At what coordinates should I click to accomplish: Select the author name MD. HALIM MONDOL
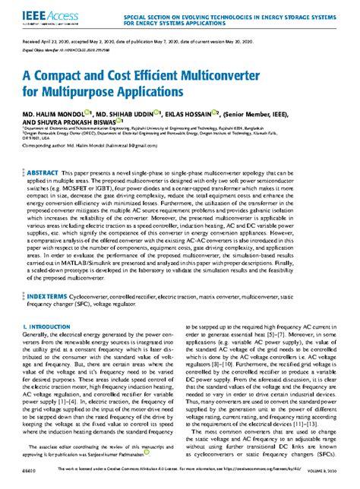pos(55,115)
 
